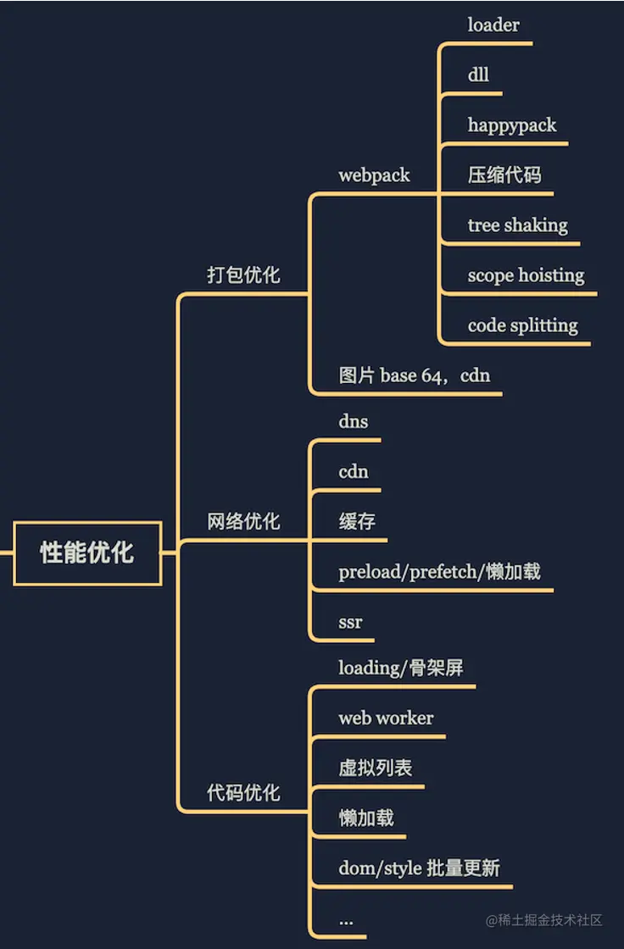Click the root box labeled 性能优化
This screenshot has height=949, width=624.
(x=87, y=553)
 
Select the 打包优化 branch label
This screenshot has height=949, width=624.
(x=243, y=275)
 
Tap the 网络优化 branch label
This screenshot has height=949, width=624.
(x=243, y=522)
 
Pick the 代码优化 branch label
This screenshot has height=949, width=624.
(x=243, y=794)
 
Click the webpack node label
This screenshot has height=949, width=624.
(x=374, y=175)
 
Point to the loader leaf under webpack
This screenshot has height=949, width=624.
(x=493, y=25)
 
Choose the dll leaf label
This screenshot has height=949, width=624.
(x=478, y=75)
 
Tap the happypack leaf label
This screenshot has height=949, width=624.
(x=512, y=125)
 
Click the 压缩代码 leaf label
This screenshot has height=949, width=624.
(x=504, y=175)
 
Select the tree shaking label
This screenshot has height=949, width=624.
(x=517, y=225)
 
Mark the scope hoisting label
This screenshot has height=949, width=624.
(x=526, y=275)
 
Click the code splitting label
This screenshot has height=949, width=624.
(x=522, y=325)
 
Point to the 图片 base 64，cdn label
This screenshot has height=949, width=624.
(x=415, y=375)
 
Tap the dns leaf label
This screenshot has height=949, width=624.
(x=354, y=421)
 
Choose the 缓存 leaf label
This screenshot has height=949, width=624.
(x=357, y=522)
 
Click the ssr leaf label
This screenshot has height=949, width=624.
(x=350, y=622)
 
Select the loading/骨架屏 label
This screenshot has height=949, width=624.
(x=401, y=668)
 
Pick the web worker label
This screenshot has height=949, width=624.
(x=386, y=719)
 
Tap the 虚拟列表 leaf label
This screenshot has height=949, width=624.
(x=376, y=769)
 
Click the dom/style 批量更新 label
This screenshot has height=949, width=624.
(x=419, y=869)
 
